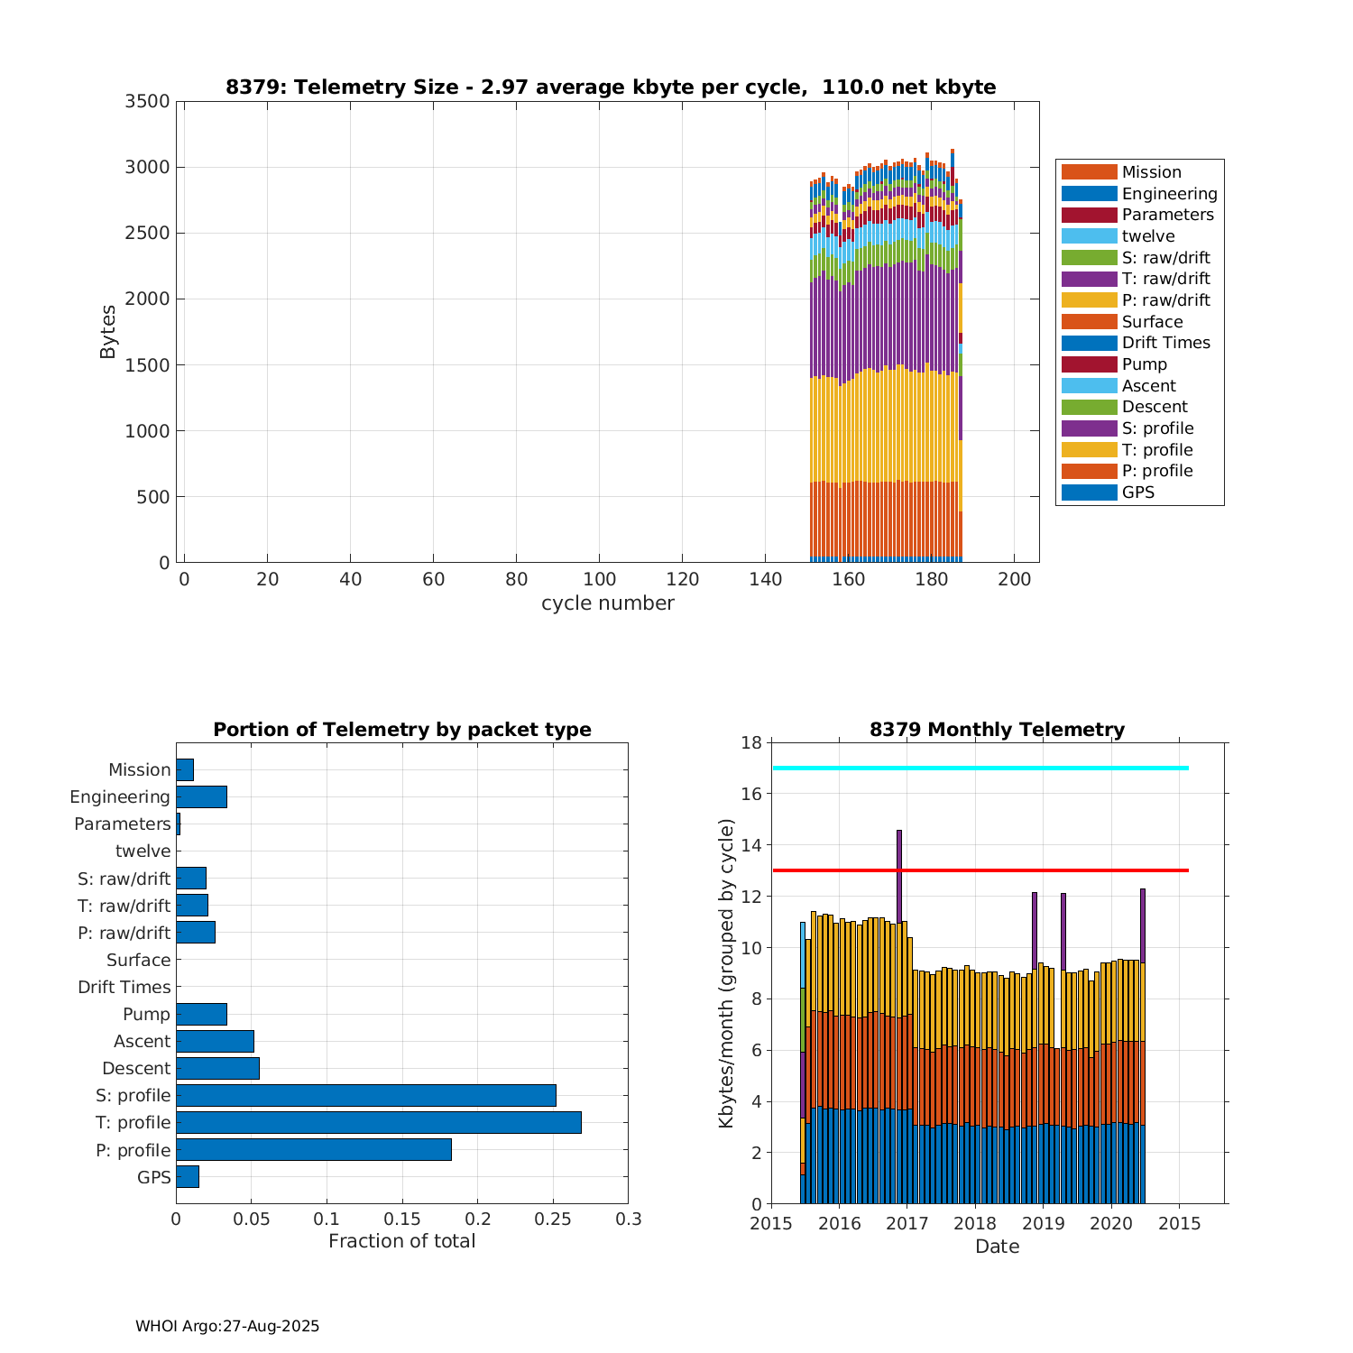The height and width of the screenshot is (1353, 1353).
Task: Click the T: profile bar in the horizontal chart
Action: pyautogui.click(x=379, y=1122)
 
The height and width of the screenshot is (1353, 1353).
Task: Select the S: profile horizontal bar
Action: pyautogui.click(x=366, y=1095)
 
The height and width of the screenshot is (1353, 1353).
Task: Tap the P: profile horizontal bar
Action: pyautogui.click(x=314, y=1149)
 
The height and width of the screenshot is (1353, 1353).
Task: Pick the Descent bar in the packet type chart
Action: pyautogui.click(x=217, y=1068)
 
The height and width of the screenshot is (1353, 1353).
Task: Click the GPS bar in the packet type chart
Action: pyautogui.click(x=188, y=1176)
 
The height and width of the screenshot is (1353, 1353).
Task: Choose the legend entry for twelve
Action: pyautogui.click(x=1148, y=236)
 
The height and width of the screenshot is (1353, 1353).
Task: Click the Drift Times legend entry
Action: pyautogui.click(x=1165, y=343)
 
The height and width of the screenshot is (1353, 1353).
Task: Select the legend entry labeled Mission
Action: pyautogui.click(x=1151, y=172)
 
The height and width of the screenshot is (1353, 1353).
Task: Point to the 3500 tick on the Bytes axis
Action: pyautogui.click(x=147, y=101)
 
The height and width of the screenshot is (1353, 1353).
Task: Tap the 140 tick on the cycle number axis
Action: pyautogui.click(x=765, y=579)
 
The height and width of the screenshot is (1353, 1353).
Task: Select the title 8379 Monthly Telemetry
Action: pyautogui.click(x=997, y=730)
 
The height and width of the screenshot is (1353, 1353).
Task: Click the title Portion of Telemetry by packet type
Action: pyautogui.click(x=402, y=730)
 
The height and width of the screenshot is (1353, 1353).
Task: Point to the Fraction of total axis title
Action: pyautogui.click(x=401, y=1241)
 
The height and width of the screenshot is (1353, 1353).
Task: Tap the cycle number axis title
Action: pyautogui.click(x=607, y=603)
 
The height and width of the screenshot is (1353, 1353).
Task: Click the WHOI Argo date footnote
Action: pyautogui.click(x=227, y=1326)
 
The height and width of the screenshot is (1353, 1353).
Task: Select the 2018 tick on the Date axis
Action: pyautogui.click(x=975, y=1223)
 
